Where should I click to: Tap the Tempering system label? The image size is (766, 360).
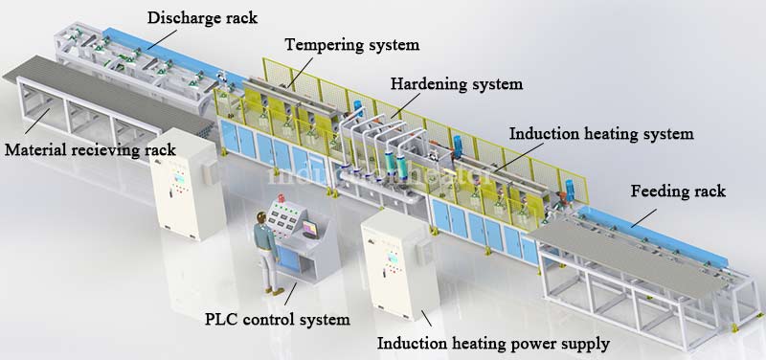click(x=352, y=45)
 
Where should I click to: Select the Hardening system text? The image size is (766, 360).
click(x=457, y=84)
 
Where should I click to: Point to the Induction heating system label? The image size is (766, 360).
click(x=600, y=134)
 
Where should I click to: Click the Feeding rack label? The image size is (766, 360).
click(x=678, y=191)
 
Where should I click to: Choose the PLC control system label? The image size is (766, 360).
click(x=278, y=318)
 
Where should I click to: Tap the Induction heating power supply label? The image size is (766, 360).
click(x=494, y=342)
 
